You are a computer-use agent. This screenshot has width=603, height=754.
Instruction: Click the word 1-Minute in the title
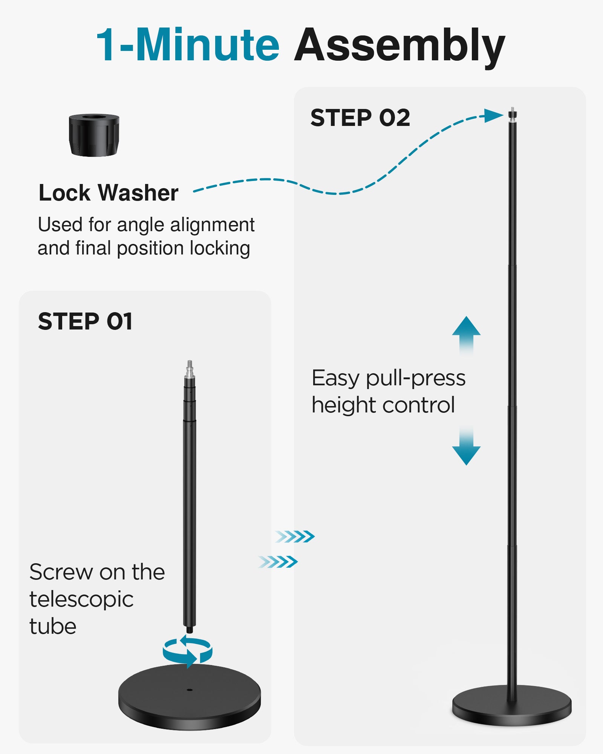[x=188, y=45]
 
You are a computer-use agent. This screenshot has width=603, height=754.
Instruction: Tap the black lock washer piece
[x=94, y=135]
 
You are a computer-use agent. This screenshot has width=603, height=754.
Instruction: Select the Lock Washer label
[x=109, y=193]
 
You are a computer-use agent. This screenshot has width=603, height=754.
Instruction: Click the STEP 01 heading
[x=85, y=322]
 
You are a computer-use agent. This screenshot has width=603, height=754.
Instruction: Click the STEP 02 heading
[x=360, y=118]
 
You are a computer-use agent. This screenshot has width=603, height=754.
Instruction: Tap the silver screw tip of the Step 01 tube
[x=190, y=368]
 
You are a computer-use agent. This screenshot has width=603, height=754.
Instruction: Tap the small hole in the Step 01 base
[x=190, y=690]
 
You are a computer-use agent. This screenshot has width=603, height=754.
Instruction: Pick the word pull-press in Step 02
[x=416, y=378]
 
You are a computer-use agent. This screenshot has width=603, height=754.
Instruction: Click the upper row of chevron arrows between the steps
[x=295, y=536]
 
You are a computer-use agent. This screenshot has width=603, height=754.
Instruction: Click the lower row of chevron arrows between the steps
[x=278, y=562]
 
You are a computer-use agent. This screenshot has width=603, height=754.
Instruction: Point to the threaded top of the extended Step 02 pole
[x=512, y=113]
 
